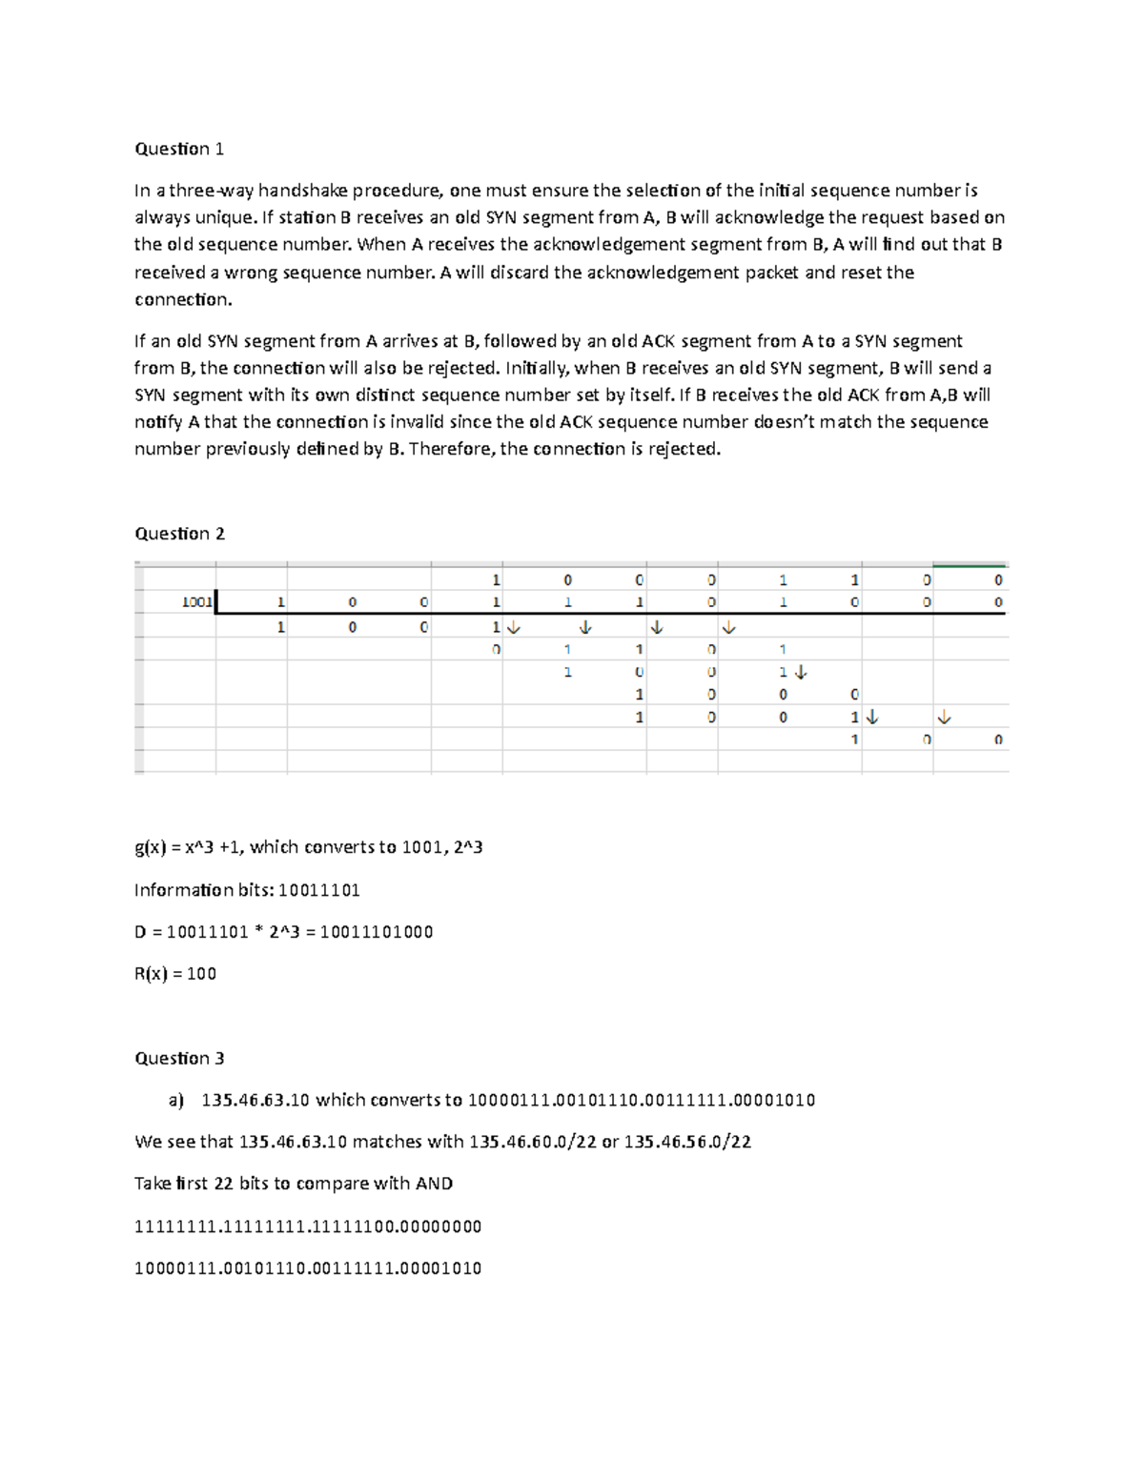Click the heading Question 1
tap(179, 149)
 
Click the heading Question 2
tap(179, 534)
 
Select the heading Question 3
tap(179, 1058)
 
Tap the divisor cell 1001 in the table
tap(197, 602)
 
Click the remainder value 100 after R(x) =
tap(202, 974)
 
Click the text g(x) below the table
tap(151, 847)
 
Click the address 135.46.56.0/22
tap(687, 1142)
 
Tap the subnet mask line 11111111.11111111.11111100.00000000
tap(308, 1227)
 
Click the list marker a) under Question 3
tap(176, 1100)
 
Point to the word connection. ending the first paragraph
tap(183, 299)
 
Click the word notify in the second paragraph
tap(157, 422)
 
